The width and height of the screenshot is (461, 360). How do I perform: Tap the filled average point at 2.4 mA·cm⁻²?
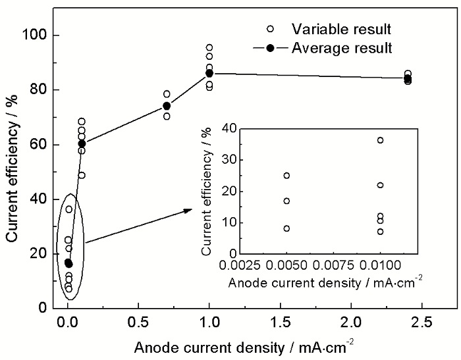tap(408, 78)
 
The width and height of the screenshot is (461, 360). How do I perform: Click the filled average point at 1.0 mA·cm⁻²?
tap(209, 73)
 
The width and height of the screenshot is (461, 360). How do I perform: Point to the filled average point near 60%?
tap(82, 143)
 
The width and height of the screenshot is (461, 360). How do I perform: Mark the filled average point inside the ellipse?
tap(68, 263)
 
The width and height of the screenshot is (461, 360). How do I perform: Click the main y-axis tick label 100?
tap(43, 35)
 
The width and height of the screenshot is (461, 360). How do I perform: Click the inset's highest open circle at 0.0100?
tap(380, 140)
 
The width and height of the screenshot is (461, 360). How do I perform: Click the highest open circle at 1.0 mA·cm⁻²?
tap(209, 48)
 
